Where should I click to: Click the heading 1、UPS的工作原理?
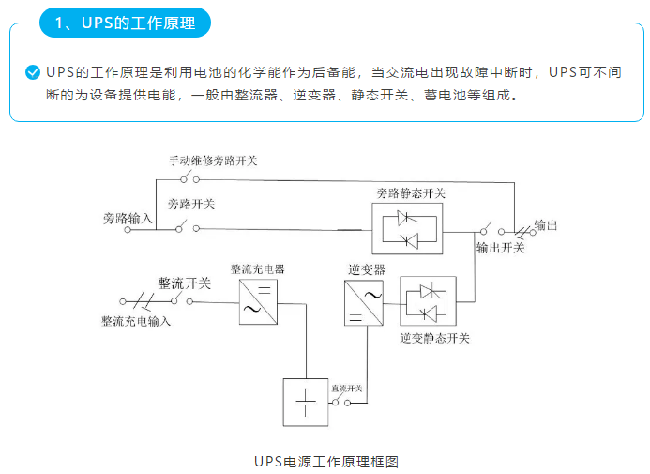[x=125, y=23]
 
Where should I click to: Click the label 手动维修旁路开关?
[x=213, y=161]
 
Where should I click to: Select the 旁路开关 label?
[x=191, y=204]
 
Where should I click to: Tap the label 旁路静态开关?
[x=411, y=193]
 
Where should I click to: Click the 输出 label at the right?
[x=546, y=225]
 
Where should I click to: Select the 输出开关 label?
[x=501, y=248]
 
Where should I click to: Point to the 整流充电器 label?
[x=258, y=268]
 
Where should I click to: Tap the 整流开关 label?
[x=185, y=283]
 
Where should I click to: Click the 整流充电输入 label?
[x=136, y=320]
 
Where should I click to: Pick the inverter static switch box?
[x=428, y=301]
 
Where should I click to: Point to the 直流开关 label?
[x=345, y=388]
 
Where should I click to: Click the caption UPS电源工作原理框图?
[x=326, y=461]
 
